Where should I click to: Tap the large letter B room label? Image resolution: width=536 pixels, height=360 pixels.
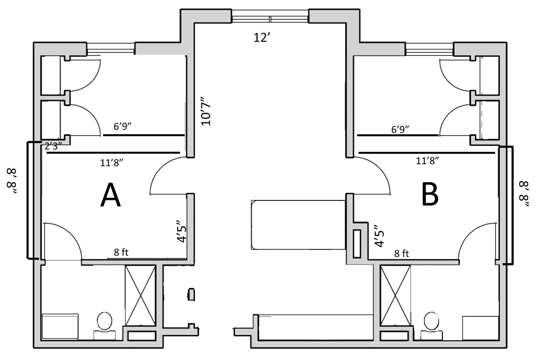430,195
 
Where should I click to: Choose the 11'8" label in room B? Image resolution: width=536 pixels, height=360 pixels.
427,160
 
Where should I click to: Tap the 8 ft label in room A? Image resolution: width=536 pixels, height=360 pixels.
121,252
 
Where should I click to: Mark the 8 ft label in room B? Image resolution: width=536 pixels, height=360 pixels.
402,253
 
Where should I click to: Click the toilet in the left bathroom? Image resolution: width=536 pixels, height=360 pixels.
104,326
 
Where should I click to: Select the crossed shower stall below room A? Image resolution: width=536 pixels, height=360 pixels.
140,295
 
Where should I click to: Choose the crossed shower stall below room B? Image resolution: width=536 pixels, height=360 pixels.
395,295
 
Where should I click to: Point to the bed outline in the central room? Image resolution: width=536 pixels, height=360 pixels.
297,224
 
